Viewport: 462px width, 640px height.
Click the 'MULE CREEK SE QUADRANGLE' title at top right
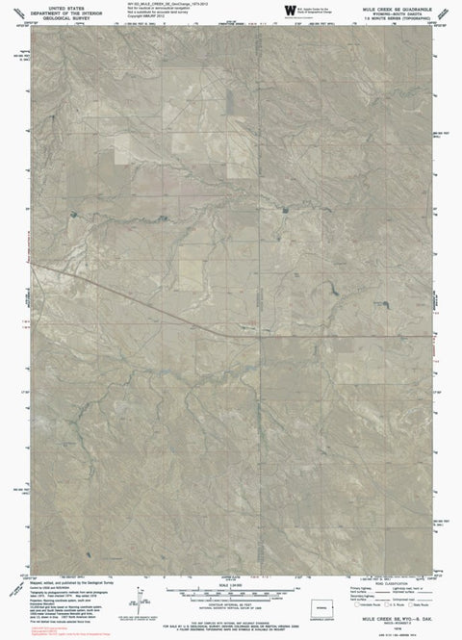tap(398, 5)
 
